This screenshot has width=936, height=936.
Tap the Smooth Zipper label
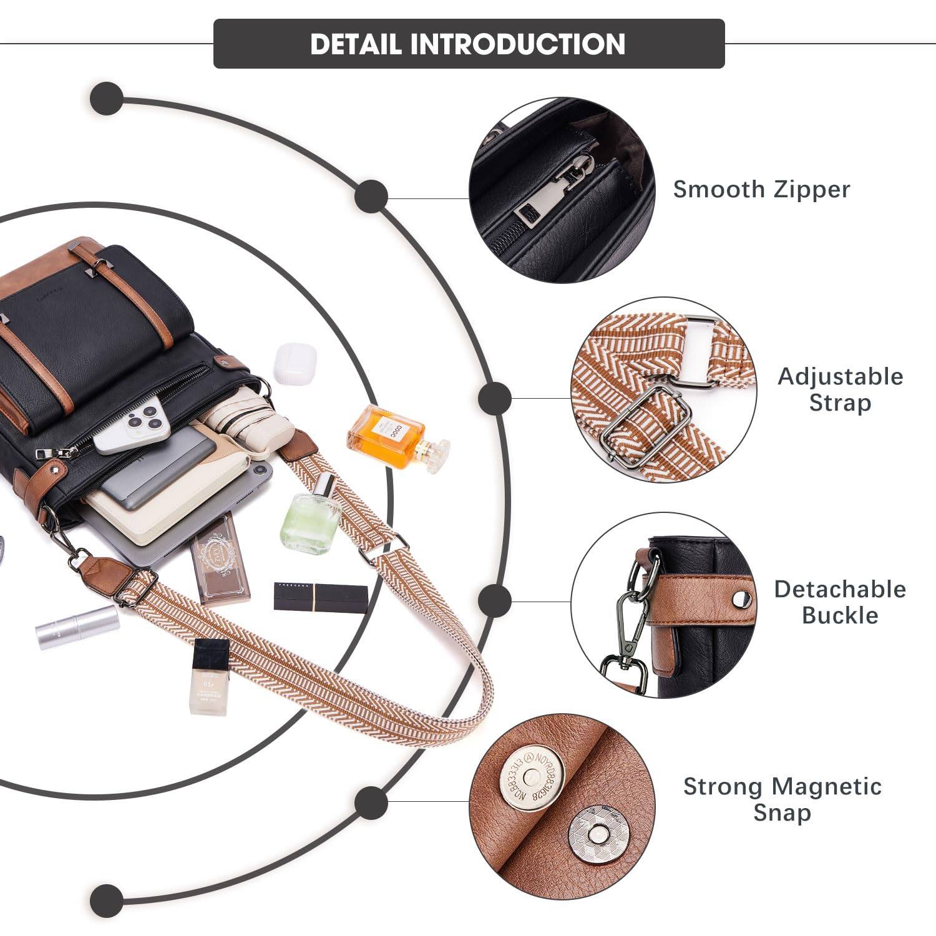[x=761, y=189]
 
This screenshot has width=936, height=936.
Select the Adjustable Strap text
[x=840, y=389]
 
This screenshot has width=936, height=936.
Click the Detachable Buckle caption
[x=840, y=602]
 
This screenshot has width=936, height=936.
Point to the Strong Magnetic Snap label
[x=782, y=799]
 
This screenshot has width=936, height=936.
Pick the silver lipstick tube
[x=78, y=626]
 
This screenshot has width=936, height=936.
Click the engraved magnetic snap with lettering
[x=532, y=778]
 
